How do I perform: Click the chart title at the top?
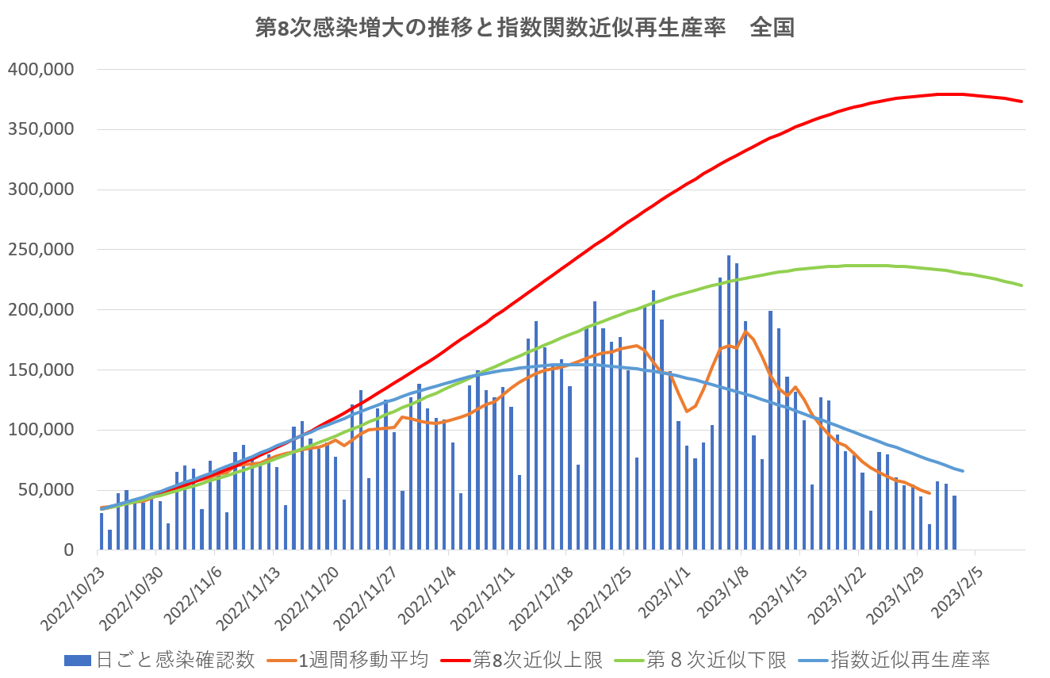(524, 29)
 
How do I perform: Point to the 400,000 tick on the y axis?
(41, 70)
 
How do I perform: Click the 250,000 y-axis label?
(41, 250)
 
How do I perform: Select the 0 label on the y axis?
(69, 550)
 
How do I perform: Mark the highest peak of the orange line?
(745, 331)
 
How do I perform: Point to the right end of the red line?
(1021, 102)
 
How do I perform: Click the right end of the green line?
(1021, 285)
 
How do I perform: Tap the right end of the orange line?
(929, 493)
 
